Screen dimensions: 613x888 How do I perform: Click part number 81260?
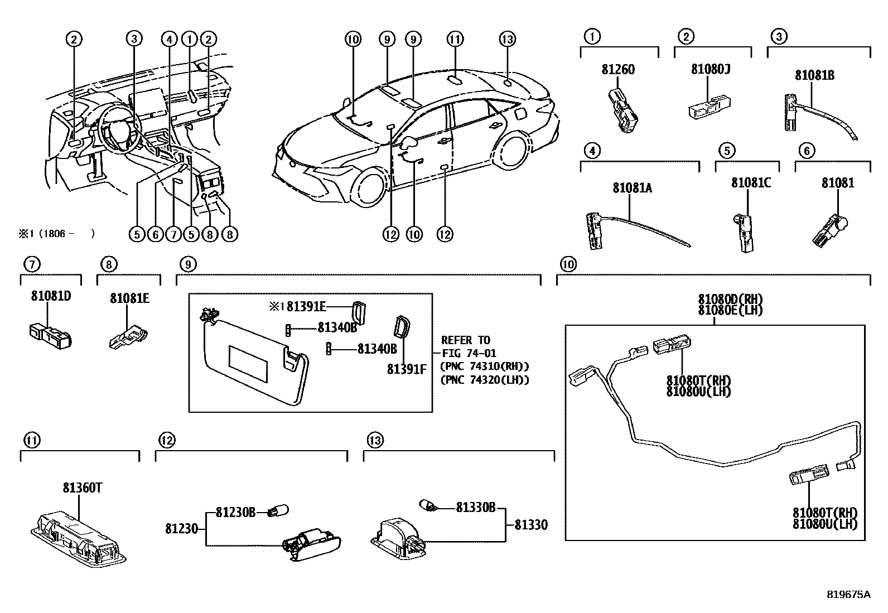tap(618, 70)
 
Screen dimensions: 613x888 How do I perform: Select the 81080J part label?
tap(711, 69)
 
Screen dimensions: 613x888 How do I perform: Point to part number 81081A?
tap(632, 188)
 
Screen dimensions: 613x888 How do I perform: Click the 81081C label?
tap(751, 183)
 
